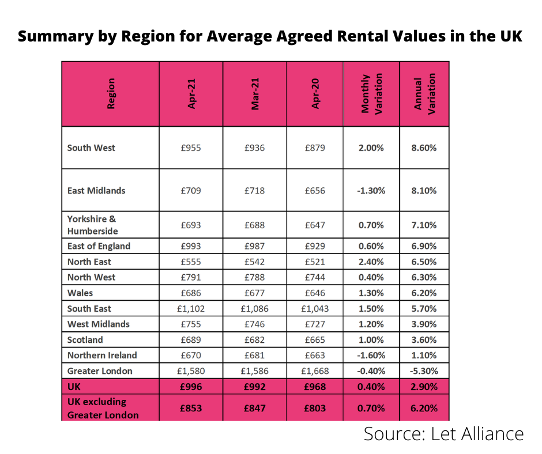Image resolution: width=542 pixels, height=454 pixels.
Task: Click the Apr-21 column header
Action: coord(191,94)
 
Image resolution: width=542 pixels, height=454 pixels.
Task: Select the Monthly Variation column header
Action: coord(372,94)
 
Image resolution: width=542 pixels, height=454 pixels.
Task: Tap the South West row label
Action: coord(91,148)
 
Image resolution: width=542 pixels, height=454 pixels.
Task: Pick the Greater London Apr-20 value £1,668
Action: coord(315,371)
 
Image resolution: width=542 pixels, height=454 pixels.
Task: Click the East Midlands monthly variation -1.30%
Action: coord(371,191)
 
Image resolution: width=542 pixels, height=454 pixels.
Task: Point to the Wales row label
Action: coord(80,293)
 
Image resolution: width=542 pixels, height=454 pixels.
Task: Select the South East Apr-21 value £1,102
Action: coord(191,309)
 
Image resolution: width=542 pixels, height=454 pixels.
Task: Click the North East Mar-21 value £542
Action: coord(254,262)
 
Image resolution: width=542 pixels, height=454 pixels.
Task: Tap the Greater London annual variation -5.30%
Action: coord(424,371)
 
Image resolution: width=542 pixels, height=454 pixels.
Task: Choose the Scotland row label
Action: coord(85,340)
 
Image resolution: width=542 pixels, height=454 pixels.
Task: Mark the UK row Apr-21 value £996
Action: coord(191,387)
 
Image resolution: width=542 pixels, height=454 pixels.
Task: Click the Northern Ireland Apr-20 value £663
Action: coord(315,355)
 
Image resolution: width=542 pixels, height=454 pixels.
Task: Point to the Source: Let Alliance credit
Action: coord(443,434)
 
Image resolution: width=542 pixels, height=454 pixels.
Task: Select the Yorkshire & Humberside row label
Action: coord(92,225)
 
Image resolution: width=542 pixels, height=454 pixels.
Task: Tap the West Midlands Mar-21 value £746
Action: coord(254,324)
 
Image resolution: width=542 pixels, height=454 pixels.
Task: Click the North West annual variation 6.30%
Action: coord(424,278)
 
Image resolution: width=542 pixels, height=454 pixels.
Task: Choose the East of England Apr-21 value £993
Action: coord(191,246)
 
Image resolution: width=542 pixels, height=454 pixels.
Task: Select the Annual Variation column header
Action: coord(424,94)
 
